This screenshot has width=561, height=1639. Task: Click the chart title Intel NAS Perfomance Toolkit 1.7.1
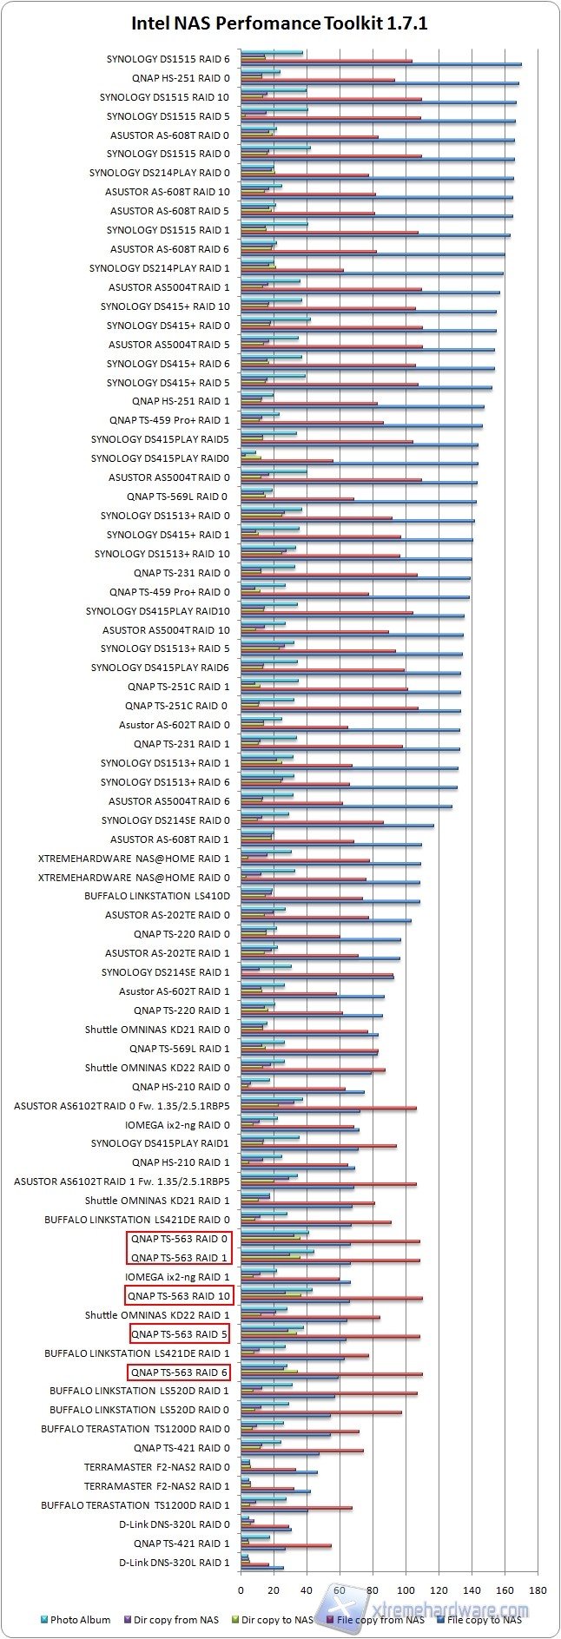tap(280, 23)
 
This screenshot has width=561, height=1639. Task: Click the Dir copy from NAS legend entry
tap(175, 1619)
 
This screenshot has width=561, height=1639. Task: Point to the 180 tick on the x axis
tap(538, 1590)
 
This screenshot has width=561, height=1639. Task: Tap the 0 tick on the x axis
tap(241, 1590)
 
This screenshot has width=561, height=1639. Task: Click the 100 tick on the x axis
tap(406, 1590)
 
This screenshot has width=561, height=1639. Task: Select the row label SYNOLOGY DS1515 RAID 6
tap(168, 59)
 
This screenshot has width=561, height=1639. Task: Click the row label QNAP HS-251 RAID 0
tap(181, 78)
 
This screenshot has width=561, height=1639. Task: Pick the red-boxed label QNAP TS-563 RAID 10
tap(179, 1296)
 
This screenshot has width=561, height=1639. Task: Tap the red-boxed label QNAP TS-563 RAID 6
tap(179, 1372)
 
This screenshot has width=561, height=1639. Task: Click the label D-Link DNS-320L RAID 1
tap(175, 1563)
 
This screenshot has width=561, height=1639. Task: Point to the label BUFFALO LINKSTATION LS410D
tap(157, 896)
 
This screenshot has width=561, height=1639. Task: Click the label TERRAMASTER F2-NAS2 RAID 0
tap(157, 1467)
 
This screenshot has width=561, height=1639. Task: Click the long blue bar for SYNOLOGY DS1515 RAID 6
tap(382, 64)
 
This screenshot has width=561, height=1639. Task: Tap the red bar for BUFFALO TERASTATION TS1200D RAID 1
tap(296, 1508)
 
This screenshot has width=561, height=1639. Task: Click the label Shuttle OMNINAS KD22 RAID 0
tap(157, 1068)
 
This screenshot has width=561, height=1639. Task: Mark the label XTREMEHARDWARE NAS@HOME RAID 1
tap(135, 858)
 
